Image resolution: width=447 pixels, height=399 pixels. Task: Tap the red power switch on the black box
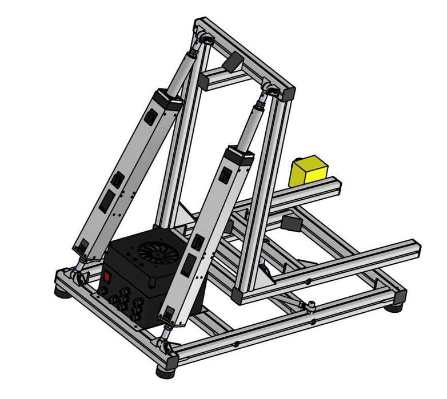[x=106, y=278]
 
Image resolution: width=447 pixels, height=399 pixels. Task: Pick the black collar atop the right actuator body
[x=238, y=156]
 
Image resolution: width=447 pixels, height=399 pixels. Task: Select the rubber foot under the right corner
[x=393, y=307]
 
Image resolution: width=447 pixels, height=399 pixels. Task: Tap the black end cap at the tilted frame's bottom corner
[x=238, y=296]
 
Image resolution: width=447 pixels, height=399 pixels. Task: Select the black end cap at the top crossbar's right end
[x=288, y=93]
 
